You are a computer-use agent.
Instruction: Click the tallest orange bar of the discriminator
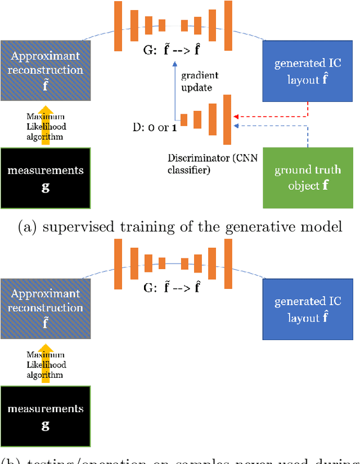(x=227, y=119)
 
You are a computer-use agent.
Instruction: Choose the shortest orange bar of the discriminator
(x=184, y=119)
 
